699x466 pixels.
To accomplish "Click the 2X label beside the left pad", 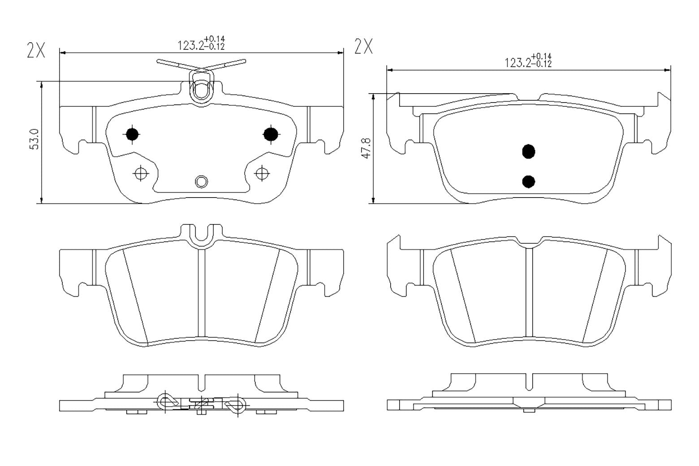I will tap(36, 51).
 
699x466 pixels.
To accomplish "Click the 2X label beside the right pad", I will tap(363, 46).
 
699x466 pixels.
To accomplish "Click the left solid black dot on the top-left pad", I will tap(132, 134).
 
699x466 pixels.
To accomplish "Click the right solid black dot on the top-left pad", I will tap(270, 134).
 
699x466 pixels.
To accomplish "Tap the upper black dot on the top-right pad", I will tap(529, 151).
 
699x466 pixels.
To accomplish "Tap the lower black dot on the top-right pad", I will tap(529, 181).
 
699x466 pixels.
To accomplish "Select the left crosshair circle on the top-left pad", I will tap(141, 173).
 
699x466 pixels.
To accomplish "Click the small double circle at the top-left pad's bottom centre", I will tap(202, 181).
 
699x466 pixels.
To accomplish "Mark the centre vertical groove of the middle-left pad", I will tap(201, 293).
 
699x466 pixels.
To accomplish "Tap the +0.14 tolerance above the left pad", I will tap(214, 39).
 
